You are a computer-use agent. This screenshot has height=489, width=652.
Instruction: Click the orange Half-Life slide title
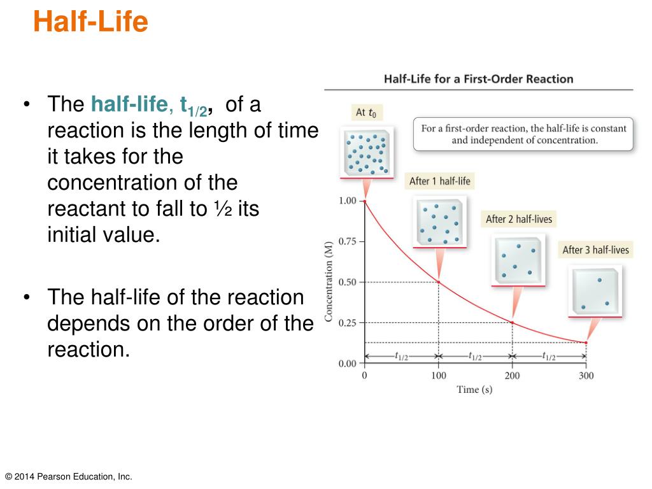coord(90,22)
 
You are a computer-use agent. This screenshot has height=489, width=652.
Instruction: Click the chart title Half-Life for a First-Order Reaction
coord(478,79)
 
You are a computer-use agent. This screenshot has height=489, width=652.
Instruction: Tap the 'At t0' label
coord(365,113)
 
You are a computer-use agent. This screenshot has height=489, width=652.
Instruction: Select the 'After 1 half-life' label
coord(439,181)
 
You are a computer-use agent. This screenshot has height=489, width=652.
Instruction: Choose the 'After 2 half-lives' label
coord(518,219)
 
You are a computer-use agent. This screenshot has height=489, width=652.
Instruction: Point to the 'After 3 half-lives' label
coord(595,250)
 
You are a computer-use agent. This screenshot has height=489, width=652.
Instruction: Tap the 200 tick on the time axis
coord(512,376)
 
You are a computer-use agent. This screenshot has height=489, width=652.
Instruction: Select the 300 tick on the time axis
coord(586,376)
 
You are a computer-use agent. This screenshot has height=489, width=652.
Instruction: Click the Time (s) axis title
coord(474,390)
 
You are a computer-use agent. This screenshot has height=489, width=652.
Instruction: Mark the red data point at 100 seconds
coord(438,282)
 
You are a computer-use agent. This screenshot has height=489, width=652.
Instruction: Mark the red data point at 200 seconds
coord(512,323)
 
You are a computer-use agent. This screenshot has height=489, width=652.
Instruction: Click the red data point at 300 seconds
coord(586,343)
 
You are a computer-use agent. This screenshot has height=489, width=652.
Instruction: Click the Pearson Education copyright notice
coord(68,476)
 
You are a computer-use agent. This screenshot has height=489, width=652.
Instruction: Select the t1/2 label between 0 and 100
coord(401,357)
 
